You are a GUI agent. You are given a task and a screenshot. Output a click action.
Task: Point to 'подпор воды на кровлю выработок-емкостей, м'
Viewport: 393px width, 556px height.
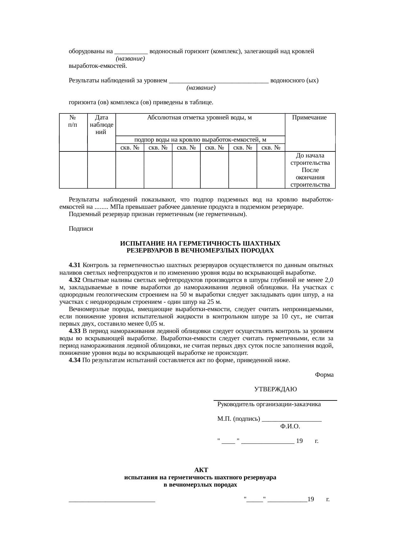point(200,140)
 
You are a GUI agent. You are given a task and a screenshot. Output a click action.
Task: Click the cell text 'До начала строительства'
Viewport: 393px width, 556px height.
point(310,159)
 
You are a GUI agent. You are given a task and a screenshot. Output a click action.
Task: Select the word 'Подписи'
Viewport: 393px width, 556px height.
point(81,229)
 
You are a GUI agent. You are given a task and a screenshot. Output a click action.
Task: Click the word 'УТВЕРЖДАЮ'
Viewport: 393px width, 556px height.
point(275,389)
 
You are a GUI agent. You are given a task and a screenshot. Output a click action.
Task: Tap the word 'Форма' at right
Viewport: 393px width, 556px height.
point(324,375)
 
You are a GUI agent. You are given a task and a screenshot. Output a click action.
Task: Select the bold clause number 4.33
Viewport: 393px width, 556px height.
point(74,331)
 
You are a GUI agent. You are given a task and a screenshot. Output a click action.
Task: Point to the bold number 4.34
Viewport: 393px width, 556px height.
point(74,360)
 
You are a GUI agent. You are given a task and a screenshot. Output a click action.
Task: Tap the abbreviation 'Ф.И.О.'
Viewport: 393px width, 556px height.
point(290,426)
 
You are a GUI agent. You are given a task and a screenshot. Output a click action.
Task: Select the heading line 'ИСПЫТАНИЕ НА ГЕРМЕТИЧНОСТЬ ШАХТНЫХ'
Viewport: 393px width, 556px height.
point(200,244)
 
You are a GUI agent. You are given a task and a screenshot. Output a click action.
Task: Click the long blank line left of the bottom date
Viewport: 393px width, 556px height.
point(112,501)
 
